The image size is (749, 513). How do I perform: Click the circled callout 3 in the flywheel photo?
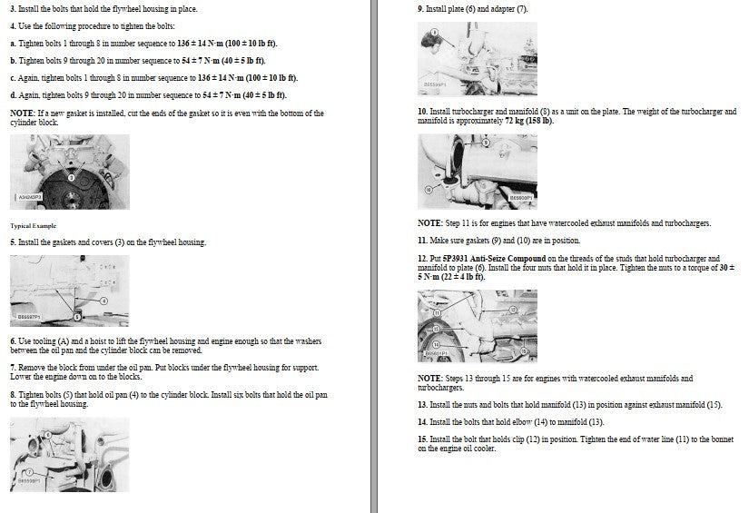[72, 178]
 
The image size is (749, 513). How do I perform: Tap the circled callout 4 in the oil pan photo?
[104, 301]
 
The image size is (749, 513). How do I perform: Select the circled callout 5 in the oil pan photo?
[77, 316]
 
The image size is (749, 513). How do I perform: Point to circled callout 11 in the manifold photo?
[437, 313]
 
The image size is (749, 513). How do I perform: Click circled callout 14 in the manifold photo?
[436, 344]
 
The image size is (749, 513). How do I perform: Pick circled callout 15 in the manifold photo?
[524, 351]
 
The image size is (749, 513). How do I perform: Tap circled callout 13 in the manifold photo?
[436, 329]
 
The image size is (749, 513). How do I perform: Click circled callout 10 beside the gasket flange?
[429, 190]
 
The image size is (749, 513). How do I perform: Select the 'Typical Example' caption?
[33, 226]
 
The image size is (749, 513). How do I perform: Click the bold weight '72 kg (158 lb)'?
[528, 121]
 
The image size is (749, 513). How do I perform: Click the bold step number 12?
[423, 259]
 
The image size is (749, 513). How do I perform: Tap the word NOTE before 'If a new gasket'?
[22, 113]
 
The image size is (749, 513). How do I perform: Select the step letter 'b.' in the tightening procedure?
[14, 61]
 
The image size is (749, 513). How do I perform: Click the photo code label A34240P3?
[30, 197]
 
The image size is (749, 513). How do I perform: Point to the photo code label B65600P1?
[520, 198]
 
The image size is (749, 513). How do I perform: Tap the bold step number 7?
[13, 368]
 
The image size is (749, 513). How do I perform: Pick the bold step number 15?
[423, 439]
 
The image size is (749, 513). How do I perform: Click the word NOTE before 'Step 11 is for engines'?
[430, 223]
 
